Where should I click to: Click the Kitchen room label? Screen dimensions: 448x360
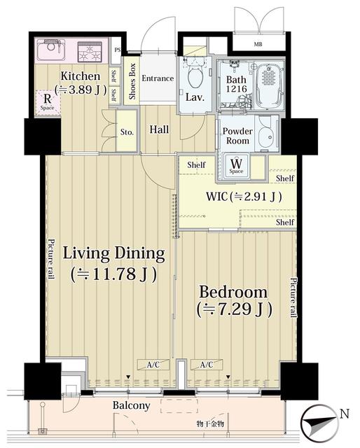[x=80, y=76]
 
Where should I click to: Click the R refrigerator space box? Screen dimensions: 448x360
[x=48, y=101]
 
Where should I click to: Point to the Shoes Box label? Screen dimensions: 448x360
[x=132, y=82]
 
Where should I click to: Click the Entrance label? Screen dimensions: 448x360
[x=158, y=78]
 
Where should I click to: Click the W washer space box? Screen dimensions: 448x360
[x=236, y=166]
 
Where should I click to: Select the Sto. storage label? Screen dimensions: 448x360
[x=127, y=131]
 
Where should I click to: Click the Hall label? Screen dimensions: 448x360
[x=159, y=129]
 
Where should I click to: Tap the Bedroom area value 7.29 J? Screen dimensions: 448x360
[x=234, y=309]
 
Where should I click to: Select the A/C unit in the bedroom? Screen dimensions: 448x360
[x=207, y=365]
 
